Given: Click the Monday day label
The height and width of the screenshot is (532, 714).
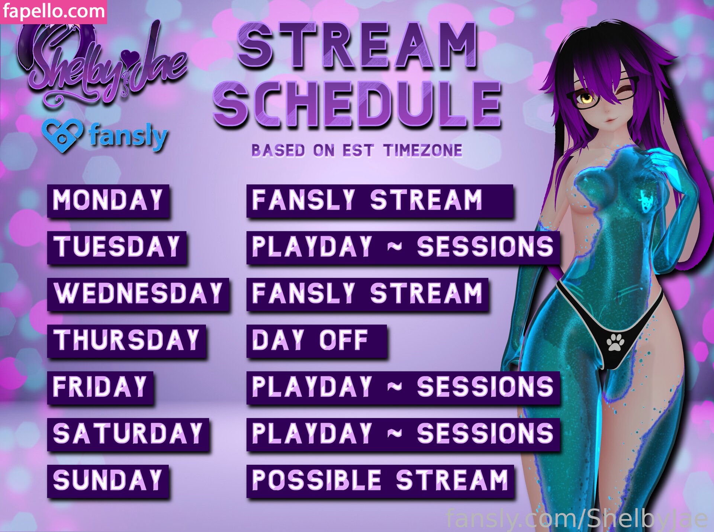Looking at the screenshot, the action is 108,201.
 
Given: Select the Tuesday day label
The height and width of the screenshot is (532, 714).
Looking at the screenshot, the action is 117,247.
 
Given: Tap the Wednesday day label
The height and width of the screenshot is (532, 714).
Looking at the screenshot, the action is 138,294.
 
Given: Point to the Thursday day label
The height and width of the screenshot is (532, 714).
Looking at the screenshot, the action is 126,341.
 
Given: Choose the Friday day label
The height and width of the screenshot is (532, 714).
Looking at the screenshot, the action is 100,387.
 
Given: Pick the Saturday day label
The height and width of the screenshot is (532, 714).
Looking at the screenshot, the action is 128,434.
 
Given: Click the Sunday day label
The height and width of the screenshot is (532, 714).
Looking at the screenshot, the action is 108,481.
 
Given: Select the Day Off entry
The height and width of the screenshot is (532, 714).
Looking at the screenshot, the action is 317,341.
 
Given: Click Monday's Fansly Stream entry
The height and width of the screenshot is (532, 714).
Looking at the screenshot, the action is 380,201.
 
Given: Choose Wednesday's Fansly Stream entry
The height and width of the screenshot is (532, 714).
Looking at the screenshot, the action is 367,294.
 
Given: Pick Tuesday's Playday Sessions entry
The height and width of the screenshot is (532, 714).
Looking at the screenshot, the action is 403,247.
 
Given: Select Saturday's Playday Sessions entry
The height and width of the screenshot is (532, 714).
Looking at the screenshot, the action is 403,434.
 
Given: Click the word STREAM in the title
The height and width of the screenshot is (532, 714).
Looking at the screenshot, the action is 357,46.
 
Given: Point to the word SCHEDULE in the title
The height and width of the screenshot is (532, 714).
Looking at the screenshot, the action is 357,103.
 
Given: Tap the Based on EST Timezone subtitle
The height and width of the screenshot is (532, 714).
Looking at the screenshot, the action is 357,151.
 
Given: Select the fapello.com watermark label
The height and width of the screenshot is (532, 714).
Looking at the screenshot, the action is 54,12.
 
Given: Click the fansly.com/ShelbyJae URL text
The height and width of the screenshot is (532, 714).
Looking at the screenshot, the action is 576,519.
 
